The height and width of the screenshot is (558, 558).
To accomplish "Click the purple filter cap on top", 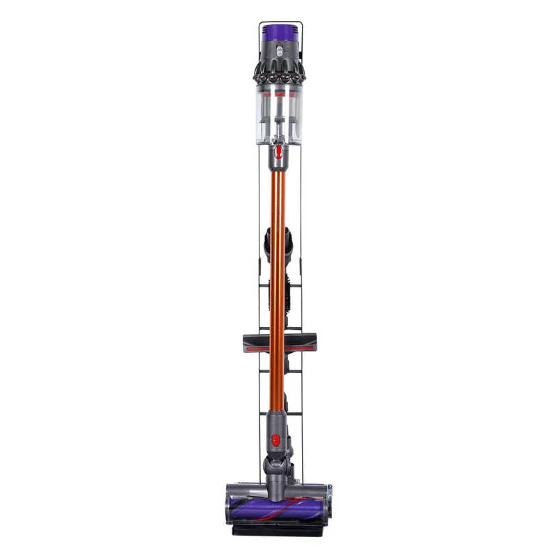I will [279, 32].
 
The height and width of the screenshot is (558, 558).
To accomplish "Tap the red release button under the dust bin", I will [278, 151].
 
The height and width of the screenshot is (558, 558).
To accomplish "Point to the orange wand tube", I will [278, 279].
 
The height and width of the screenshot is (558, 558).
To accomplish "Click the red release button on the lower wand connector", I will [276, 440].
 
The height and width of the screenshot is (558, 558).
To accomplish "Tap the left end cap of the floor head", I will [229, 504].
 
